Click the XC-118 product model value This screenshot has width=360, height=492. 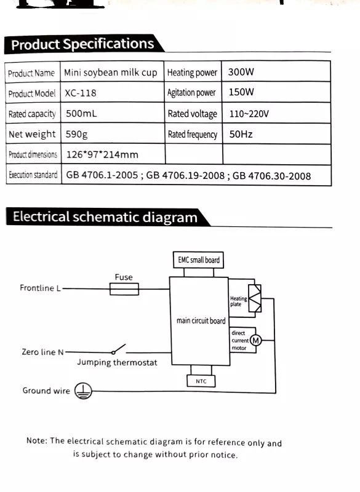[81, 93]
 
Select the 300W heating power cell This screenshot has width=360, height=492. [241, 72]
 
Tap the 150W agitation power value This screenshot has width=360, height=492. [241, 92]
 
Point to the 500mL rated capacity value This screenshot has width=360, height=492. [81, 113]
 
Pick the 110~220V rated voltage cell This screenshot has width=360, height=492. [249, 114]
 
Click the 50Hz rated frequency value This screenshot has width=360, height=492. [241, 134]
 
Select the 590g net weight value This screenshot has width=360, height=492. [76, 135]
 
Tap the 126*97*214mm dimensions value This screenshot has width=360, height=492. [102, 155]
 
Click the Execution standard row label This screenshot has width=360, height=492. [33, 175]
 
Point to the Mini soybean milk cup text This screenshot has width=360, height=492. [111, 73]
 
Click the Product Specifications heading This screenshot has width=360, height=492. [82, 44]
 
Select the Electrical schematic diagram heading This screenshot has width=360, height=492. [105, 217]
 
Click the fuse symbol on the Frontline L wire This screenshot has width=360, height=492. [124, 289]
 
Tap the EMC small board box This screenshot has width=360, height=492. [198, 260]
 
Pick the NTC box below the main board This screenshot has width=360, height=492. [201, 381]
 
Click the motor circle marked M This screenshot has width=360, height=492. [256, 341]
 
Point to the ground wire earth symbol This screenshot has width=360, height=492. [83, 391]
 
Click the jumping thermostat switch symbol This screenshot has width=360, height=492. [119, 349]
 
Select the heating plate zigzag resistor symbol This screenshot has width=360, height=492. [255, 298]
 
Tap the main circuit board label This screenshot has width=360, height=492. [201, 320]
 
